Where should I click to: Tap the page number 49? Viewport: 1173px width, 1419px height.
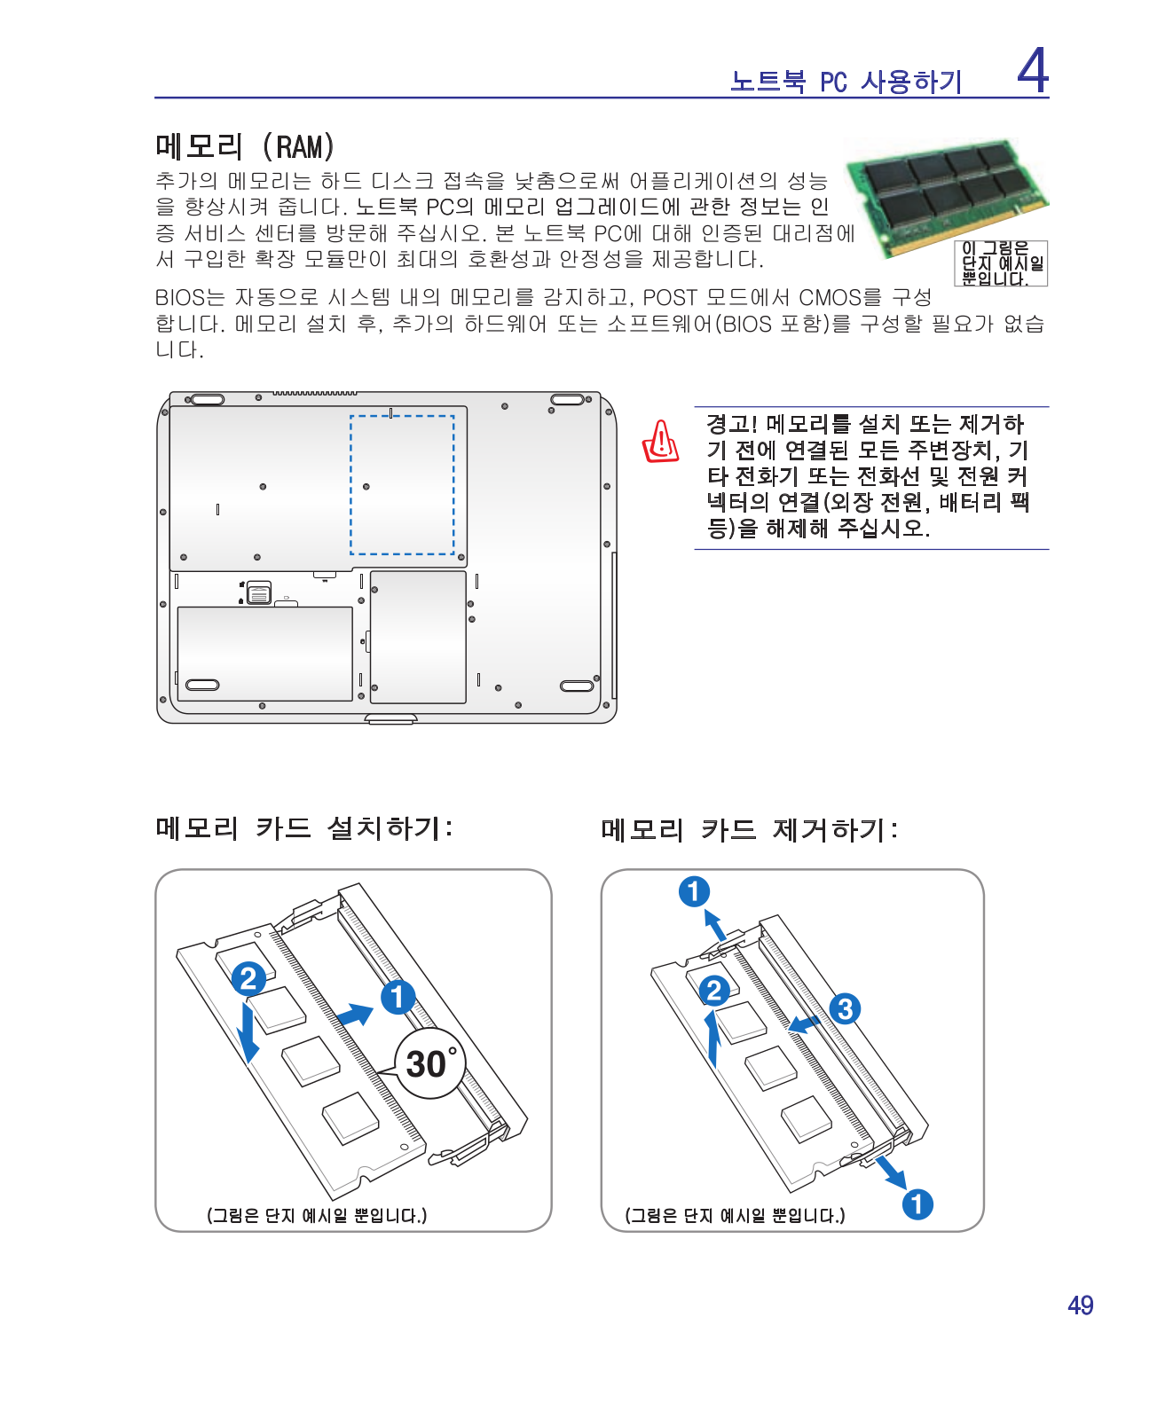click(1080, 1305)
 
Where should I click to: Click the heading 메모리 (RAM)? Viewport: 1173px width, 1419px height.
click(245, 146)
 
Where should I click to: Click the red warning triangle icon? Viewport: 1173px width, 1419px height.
click(661, 442)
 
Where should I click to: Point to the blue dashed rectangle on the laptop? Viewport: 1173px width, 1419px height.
click(402, 485)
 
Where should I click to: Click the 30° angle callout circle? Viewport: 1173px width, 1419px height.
click(430, 1063)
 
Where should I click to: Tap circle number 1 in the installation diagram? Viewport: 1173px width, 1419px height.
click(398, 997)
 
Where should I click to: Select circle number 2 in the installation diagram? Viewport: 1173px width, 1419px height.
click(248, 978)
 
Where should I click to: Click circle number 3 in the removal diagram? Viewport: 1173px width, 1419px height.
click(845, 1008)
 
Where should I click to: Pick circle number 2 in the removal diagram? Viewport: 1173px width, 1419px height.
click(714, 991)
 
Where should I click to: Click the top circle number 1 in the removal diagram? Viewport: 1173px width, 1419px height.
click(694, 891)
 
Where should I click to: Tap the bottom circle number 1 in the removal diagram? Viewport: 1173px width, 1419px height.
click(917, 1203)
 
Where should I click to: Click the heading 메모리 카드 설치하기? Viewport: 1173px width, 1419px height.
click(304, 828)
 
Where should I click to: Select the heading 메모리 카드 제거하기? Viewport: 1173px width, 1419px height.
click(749, 830)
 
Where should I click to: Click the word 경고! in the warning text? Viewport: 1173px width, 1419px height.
click(731, 424)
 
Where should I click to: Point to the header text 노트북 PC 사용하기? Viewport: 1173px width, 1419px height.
click(846, 82)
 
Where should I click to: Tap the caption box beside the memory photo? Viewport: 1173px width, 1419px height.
click(1002, 263)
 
